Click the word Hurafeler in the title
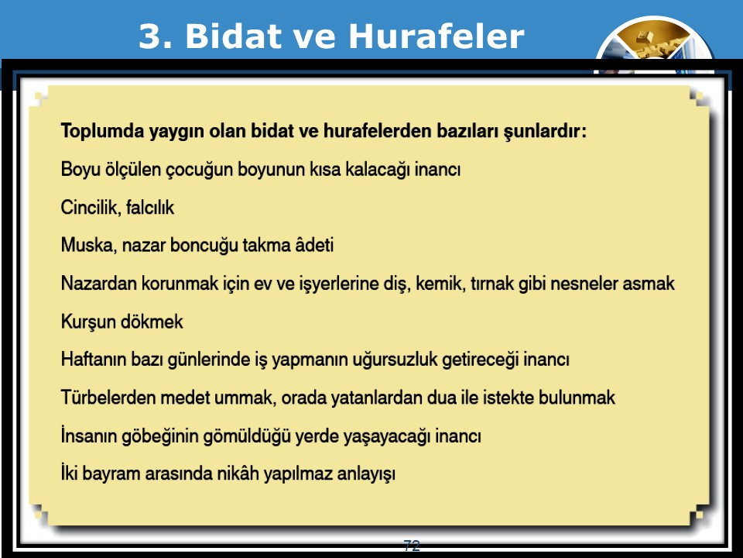pos(437,36)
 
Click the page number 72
pos(412,546)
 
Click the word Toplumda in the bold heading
pos(102,131)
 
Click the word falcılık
pos(150,208)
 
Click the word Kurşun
pos(88,322)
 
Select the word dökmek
pos(152,322)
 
